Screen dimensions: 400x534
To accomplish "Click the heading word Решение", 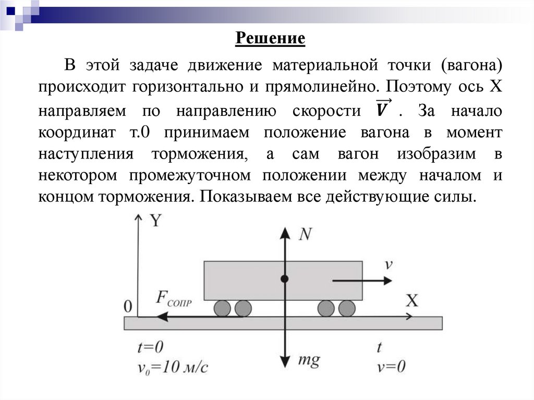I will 270,39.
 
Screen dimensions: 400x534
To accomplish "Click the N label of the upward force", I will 306,235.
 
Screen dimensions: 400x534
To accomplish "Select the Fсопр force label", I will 174,299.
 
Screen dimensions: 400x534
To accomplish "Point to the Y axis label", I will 155,221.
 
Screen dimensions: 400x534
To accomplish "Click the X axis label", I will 412,300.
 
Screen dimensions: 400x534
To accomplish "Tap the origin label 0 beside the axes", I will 128,306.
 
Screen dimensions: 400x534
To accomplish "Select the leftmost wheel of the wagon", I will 223,308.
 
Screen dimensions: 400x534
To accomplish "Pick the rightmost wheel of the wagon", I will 346,308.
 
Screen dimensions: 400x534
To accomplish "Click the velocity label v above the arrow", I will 389,264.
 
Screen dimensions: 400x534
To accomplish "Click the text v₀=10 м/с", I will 173,368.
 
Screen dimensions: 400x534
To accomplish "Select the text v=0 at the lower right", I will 391,367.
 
